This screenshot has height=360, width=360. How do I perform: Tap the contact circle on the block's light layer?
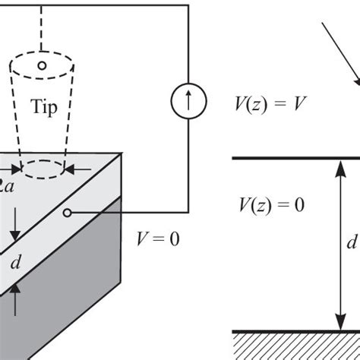[x=68, y=213]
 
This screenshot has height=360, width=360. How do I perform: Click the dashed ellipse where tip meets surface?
[x=42, y=167]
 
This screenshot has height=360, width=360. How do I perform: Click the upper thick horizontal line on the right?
[x=296, y=157]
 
